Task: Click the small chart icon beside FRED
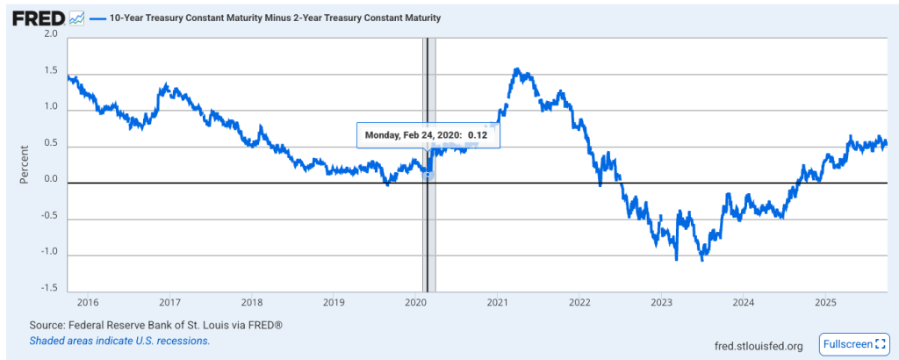76,18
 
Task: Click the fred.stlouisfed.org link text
759,346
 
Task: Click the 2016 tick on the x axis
89,302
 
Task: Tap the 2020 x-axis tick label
415,302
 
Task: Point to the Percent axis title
24,162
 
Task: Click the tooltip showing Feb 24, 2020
428,135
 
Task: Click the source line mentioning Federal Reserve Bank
155,325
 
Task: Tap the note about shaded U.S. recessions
119,340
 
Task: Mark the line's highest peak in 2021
517,68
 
